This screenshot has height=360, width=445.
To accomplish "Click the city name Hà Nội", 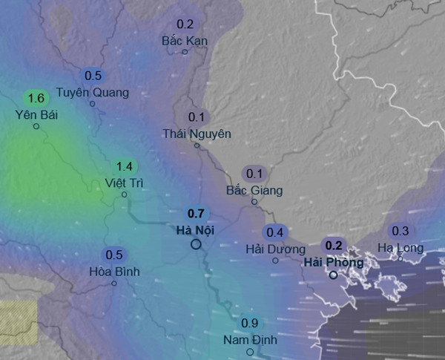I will (x=196, y=230).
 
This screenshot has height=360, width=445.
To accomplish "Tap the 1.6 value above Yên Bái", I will (x=36, y=98).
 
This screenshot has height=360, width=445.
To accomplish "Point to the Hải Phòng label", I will (x=334, y=262).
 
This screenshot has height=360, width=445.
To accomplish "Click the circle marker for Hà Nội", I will (x=196, y=244).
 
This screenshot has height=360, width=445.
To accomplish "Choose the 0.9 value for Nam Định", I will (x=250, y=323).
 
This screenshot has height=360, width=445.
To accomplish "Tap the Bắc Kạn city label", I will (x=185, y=41).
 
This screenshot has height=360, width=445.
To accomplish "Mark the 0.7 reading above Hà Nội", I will (x=196, y=214).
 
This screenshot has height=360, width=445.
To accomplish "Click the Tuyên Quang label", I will (x=93, y=93).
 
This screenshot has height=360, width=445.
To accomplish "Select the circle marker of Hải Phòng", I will (x=334, y=275).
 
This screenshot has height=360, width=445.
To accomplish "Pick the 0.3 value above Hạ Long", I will (x=400, y=231).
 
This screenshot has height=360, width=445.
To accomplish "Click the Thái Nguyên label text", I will (x=197, y=134).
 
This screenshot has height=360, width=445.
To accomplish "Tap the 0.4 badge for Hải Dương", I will (x=275, y=232).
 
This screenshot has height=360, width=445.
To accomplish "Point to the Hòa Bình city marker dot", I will (x=114, y=283).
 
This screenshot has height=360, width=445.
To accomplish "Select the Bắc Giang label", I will (x=254, y=191).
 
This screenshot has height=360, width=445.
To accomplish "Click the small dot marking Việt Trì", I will (x=125, y=194).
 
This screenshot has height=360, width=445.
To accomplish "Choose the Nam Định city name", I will (x=250, y=340).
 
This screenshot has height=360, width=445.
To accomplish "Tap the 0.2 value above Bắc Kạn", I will (x=185, y=24).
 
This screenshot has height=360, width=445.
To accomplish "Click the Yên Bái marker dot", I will (x=36, y=126).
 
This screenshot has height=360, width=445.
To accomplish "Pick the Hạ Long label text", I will (x=400, y=247).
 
